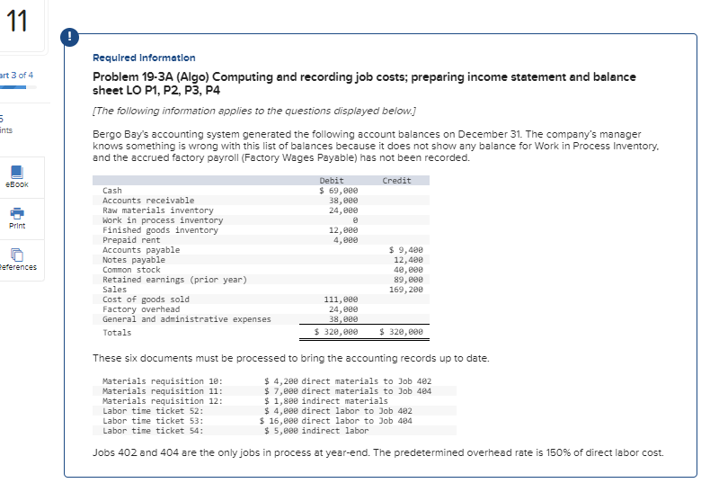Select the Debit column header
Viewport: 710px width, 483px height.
pos(332,181)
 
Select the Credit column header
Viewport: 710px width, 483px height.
pos(396,181)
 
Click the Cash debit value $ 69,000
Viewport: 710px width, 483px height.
pos(340,191)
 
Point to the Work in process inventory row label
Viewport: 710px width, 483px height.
pos(163,220)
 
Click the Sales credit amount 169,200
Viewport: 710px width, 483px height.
pos(405,290)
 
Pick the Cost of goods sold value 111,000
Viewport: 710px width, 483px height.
pos(342,300)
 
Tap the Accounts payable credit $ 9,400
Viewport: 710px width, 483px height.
pos(405,250)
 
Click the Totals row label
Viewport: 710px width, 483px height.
pos(117,333)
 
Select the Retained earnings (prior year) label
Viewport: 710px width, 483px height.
pos(174,280)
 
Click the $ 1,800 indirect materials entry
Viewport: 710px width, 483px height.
pos(325,401)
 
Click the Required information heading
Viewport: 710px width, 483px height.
pos(144,58)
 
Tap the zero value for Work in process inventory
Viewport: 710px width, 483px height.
pos(356,220)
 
